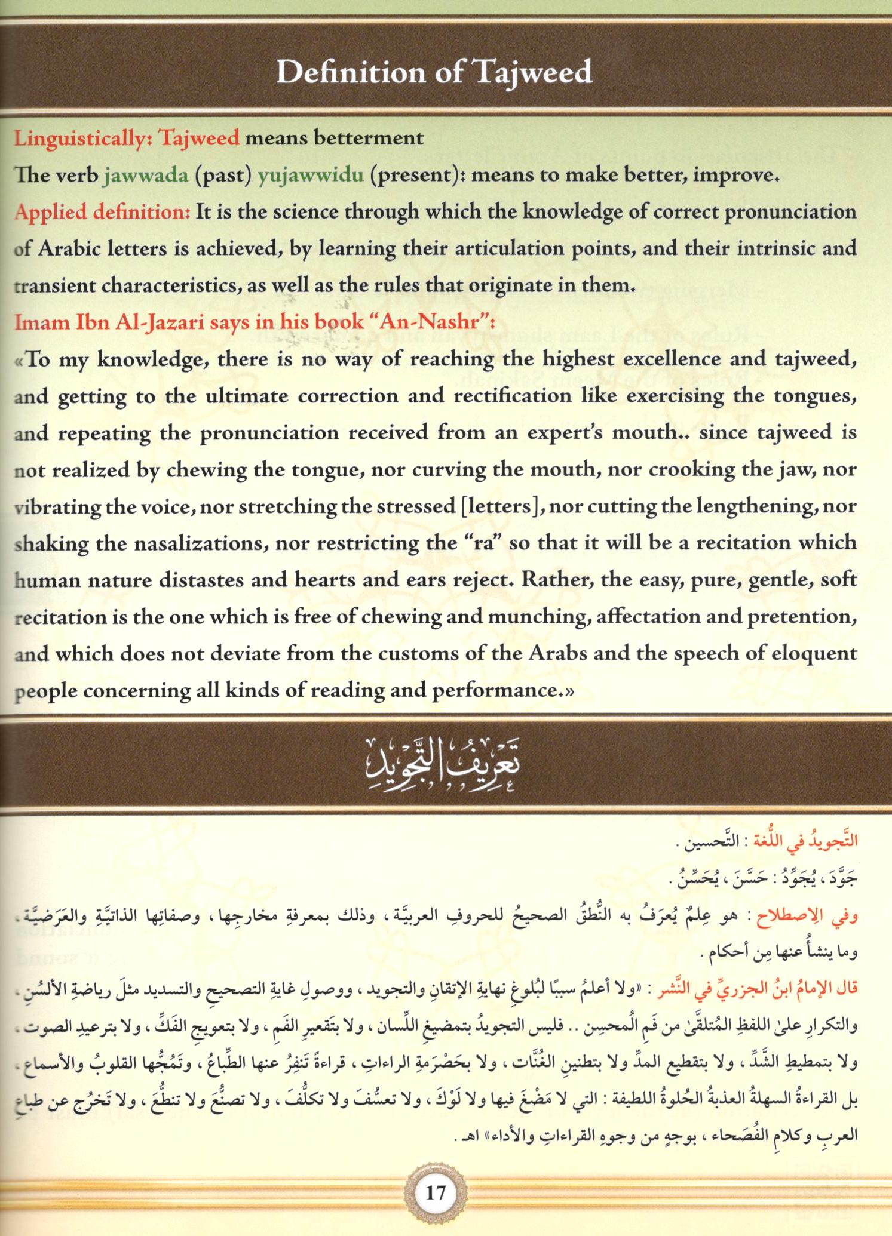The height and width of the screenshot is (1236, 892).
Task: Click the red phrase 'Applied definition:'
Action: pos(102,213)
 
